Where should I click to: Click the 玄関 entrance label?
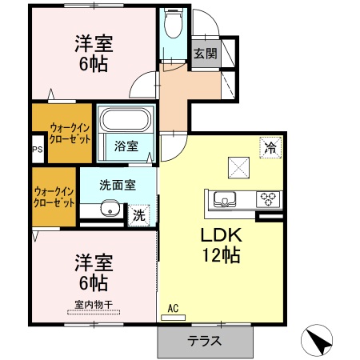[x=205, y=54]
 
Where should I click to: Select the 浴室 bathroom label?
[x=126, y=146]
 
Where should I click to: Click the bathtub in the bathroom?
[x=126, y=122]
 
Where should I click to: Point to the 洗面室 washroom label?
[x=117, y=185]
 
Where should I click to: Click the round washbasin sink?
[x=110, y=210]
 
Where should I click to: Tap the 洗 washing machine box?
[x=139, y=214]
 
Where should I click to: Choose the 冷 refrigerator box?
[x=270, y=147]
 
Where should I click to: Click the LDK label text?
[x=220, y=237]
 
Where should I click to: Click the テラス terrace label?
[x=204, y=340]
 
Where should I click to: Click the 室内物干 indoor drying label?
[x=92, y=303]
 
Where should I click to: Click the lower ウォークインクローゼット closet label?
[x=54, y=196]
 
